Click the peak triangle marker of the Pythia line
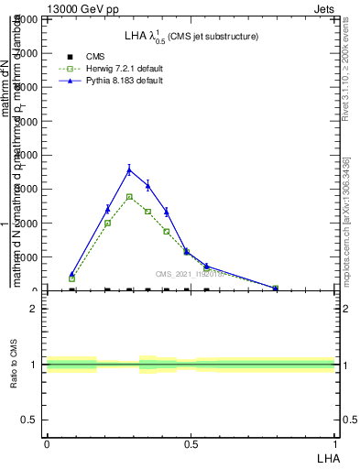coord(129,169)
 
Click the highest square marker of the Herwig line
coord(129,197)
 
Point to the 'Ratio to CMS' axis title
coord(15,378)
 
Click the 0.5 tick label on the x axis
coord(190,444)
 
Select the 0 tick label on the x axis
coord(46,444)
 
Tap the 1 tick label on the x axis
coord(334,444)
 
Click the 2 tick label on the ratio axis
coord(33,309)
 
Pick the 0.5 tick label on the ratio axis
coord(28,420)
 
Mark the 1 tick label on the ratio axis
coord(33,365)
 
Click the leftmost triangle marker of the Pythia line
coord(72,274)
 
